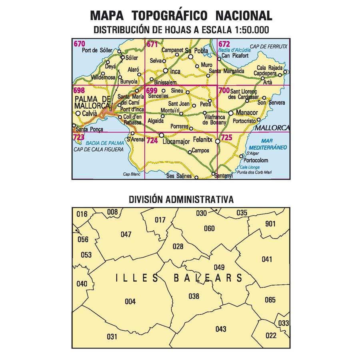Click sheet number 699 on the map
click(x=152, y=90)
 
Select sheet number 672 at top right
click(x=224, y=43)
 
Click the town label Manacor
click(x=247, y=113)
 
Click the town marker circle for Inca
click(x=165, y=71)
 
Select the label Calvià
click(x=90, y=114)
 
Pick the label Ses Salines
click(x=179, y=176)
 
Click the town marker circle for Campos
click(x=190, y=152)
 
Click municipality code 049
click(x=219, y=268)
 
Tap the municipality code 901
click(x=270, y=224)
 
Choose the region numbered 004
click(x=130, y=302)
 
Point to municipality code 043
click(x=220, y=329)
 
